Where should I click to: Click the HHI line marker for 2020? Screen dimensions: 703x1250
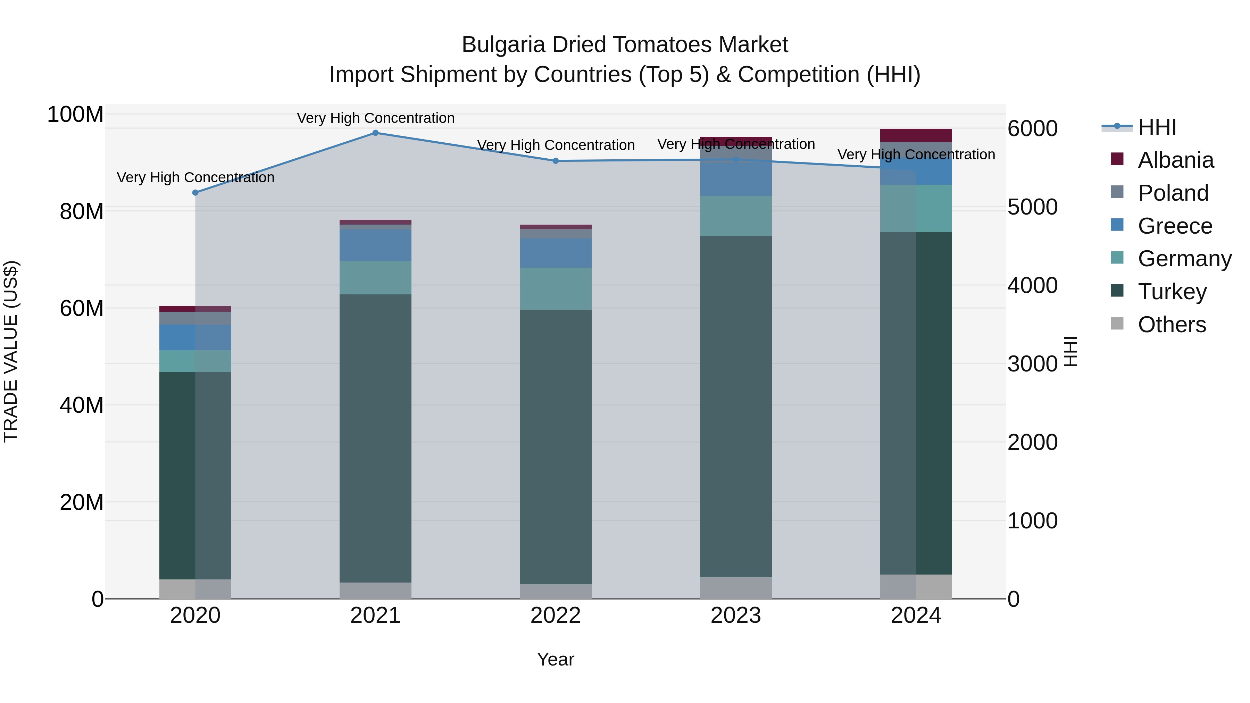point(195,193)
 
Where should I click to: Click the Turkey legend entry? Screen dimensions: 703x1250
point(1172,292)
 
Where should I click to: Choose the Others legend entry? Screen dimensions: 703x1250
point(1172,325)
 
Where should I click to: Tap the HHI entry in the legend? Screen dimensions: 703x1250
point(1157,127)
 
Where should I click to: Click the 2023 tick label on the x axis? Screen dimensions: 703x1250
point(736,616)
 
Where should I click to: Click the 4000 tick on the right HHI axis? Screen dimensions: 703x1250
point(1032,285)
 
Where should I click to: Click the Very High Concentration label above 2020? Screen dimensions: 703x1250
point(195,177)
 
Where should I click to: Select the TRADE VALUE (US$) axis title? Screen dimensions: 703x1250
point(11,351)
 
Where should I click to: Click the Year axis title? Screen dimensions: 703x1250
point(555,659)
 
